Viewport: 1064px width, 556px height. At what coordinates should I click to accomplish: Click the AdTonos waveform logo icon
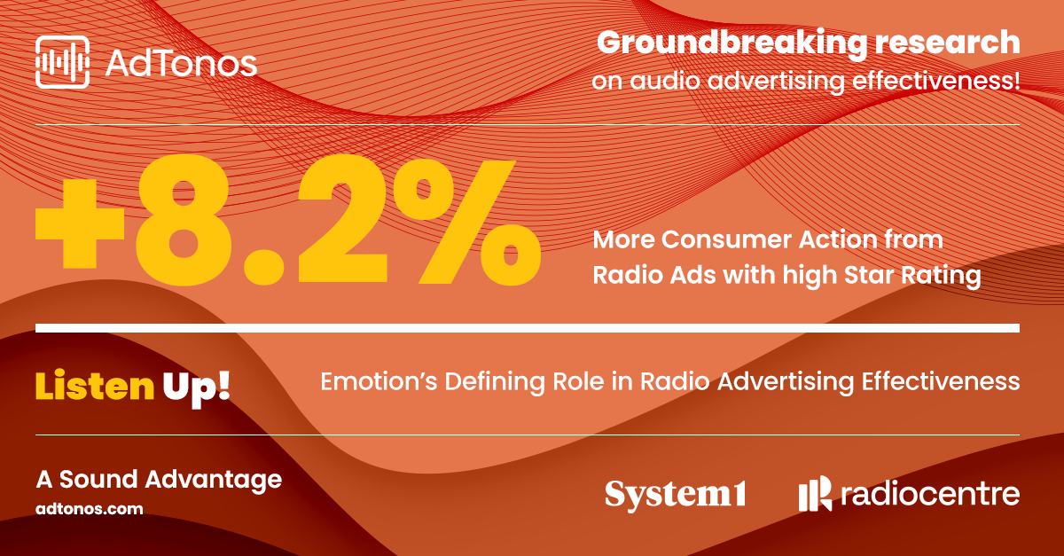pyautogui.click(x=62, y=62)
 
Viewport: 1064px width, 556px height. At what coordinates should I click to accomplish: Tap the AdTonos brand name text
pyautogui.click(x=181, y=64)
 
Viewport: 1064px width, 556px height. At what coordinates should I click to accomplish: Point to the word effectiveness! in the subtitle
pyautogui.click(x=936, y=81)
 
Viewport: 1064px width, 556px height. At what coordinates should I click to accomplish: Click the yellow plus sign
pyautogui.click(x=80, y=223)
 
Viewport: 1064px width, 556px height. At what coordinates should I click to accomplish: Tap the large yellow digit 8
pyautogui.click(x=183, y=220)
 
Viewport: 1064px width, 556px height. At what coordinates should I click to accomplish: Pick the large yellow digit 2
pyautogui.click(x=343, y=219)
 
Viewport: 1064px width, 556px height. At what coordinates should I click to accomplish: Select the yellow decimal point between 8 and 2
pyautogui.click(x=264, y=268)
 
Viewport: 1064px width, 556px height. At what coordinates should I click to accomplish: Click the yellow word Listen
pyautogui.click(x=95, y=386)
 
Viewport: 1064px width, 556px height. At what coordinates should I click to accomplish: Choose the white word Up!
pyautogui.click(x=196, y=388)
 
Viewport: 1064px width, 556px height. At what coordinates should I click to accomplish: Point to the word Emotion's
pyautogui.click(x=379, y=381)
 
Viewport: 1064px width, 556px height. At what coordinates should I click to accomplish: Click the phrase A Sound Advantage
pyautogui.click(x=159, y=480)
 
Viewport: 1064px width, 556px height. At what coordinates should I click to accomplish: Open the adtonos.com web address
pyautogui.click(x=90, y=509)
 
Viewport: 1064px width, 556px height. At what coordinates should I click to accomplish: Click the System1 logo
pyautogui.click(x=676, y=495)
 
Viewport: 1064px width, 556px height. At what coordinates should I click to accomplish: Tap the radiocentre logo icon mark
pyautogui.click(x=815, y=493)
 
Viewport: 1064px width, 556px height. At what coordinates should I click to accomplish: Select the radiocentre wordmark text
pyautogui.click(x=930, y=494)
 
